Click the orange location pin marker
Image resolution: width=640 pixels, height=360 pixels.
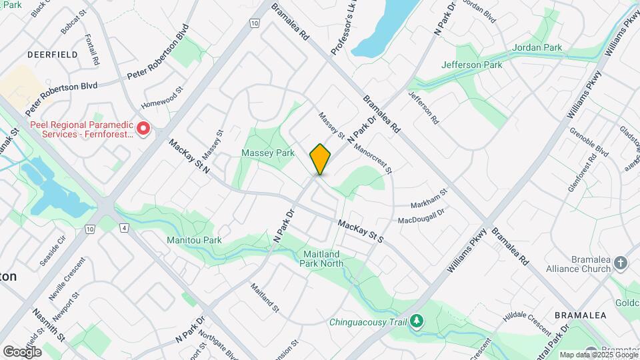click(x=321, y=159)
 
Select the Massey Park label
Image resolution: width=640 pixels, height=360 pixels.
click(x=267, y=153)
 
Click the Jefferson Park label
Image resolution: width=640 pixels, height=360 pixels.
click(x=472, y=65)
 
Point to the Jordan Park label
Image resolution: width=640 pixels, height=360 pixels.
click(x=537, y=48)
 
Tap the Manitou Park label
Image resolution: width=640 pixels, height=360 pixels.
click(x=194, y=239)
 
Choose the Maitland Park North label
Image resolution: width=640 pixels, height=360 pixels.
click(x=323, y=259)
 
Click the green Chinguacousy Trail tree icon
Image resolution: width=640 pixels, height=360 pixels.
click(x=417, y=322)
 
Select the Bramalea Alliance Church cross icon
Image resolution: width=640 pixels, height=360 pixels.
click(x=621, y=262)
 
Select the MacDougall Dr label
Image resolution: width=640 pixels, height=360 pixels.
click(x=421, y=219)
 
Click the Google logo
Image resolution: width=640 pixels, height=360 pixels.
click(x=22, y=351)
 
